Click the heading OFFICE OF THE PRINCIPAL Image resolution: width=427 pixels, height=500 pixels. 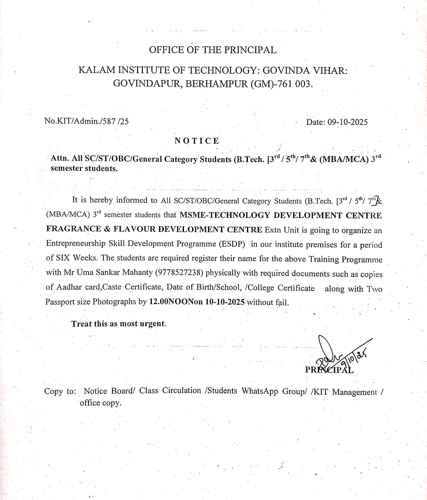pos(213,50)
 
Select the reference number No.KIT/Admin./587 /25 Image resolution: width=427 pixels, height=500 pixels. pos(86,121)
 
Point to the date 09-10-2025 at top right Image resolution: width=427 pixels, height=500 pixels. pos(347,122)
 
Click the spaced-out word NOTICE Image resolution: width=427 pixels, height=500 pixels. pos(197,141)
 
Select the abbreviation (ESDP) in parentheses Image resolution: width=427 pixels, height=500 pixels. pos(232,244)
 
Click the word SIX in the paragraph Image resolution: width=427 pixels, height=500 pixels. pos(63,258)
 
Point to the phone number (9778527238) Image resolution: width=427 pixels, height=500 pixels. pos(179,273)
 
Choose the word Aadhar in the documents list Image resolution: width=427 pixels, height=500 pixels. pos(70,287)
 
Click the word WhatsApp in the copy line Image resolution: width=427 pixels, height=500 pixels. pos(260,391)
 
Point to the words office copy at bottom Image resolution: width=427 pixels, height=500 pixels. pos(100,403)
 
